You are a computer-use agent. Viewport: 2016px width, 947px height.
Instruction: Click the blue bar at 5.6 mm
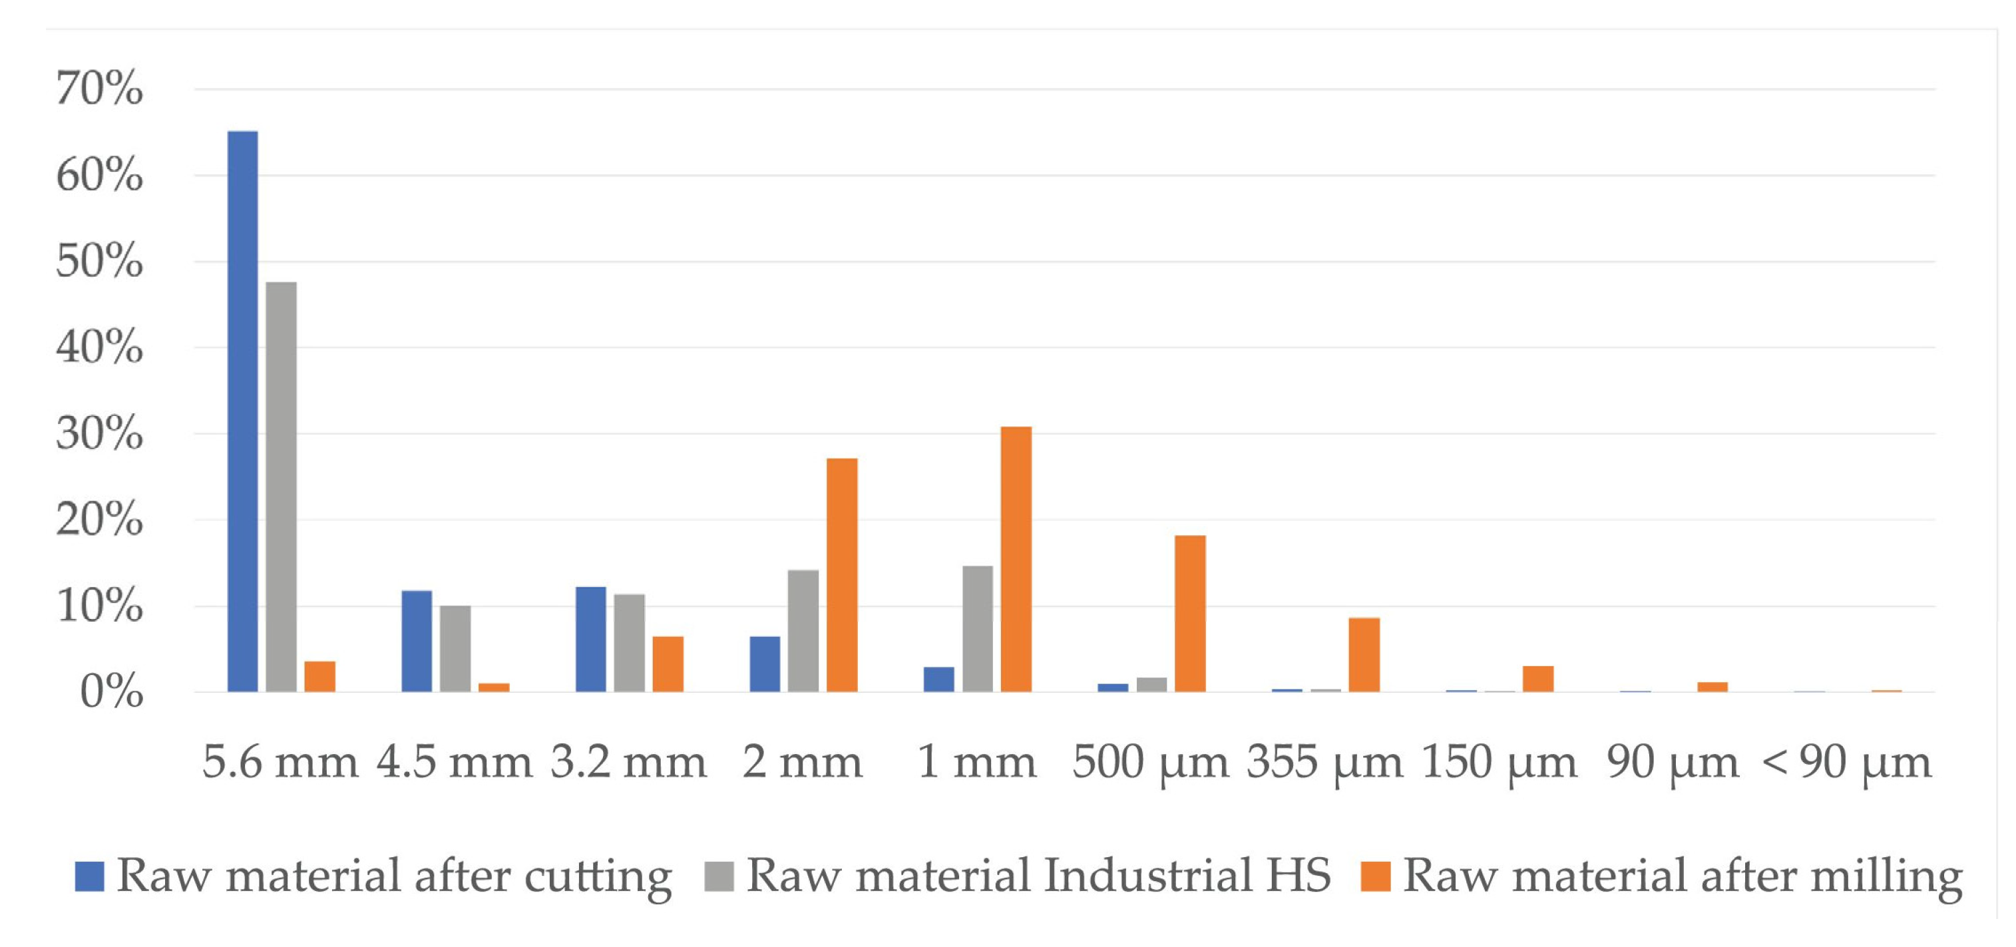243,411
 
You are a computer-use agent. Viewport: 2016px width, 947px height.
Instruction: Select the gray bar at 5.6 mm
281,486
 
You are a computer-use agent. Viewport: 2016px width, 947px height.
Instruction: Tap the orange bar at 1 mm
1016,559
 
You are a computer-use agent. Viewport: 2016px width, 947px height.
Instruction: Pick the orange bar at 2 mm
842,574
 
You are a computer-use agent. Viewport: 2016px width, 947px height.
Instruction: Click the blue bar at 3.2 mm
591,639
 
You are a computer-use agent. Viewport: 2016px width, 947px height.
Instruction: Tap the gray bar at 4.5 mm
455,648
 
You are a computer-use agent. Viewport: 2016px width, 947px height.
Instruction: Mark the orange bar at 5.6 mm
319,676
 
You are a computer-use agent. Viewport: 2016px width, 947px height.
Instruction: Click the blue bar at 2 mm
765,663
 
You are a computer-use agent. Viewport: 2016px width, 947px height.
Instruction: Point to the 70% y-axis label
99,88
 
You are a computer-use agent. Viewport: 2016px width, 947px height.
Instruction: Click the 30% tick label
99,434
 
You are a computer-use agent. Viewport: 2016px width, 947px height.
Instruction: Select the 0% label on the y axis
111,693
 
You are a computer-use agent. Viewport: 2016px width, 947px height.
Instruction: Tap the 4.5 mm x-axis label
454,761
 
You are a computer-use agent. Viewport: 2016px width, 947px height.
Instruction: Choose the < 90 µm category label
1847,761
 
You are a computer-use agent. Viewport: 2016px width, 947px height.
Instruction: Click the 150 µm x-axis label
1499,761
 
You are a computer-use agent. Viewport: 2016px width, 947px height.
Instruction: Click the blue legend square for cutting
89,876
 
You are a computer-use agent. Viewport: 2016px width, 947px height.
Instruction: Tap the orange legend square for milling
1375,876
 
